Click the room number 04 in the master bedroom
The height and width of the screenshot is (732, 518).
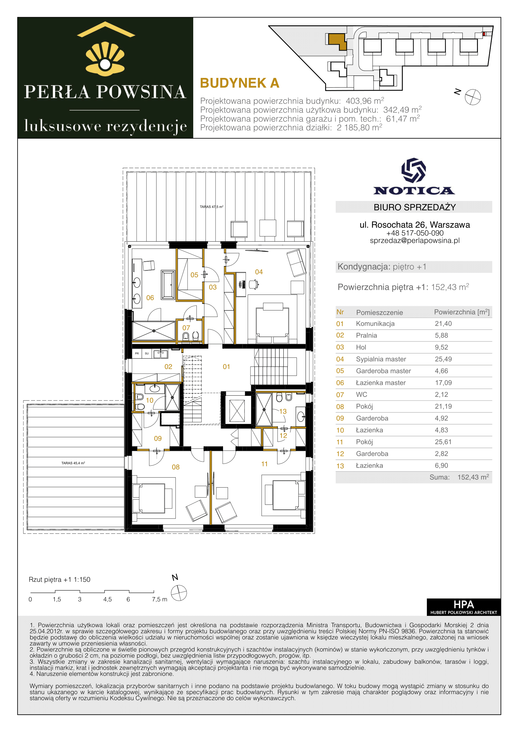click(259, 272)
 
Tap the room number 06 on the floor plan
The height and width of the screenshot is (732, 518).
click(150, 298)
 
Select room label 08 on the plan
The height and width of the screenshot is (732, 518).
click(176, 467)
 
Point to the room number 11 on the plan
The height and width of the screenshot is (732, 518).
click(264, 464)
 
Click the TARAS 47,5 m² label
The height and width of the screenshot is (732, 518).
click(211, 207)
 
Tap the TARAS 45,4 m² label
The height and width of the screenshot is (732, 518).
click(73, 463)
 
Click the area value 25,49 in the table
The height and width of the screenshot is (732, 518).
click(443, 359)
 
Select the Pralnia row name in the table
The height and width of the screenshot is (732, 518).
click(366, 335)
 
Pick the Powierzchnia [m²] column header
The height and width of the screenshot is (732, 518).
click(462, 312)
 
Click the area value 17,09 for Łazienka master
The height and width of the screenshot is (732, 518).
click(443, 382)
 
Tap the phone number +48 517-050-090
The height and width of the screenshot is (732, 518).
click(415, 233)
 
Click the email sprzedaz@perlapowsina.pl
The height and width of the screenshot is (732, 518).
click(415, 241)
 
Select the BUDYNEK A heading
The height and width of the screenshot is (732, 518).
click(240, 83)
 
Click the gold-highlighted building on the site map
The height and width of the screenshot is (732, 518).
click(337, 41)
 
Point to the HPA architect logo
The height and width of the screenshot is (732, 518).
click(464, 607)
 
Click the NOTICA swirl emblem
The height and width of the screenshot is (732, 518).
click(414, 170)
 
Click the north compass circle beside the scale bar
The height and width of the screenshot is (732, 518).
click(179, 593)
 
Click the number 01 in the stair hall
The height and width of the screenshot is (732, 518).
click(226, 367)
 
